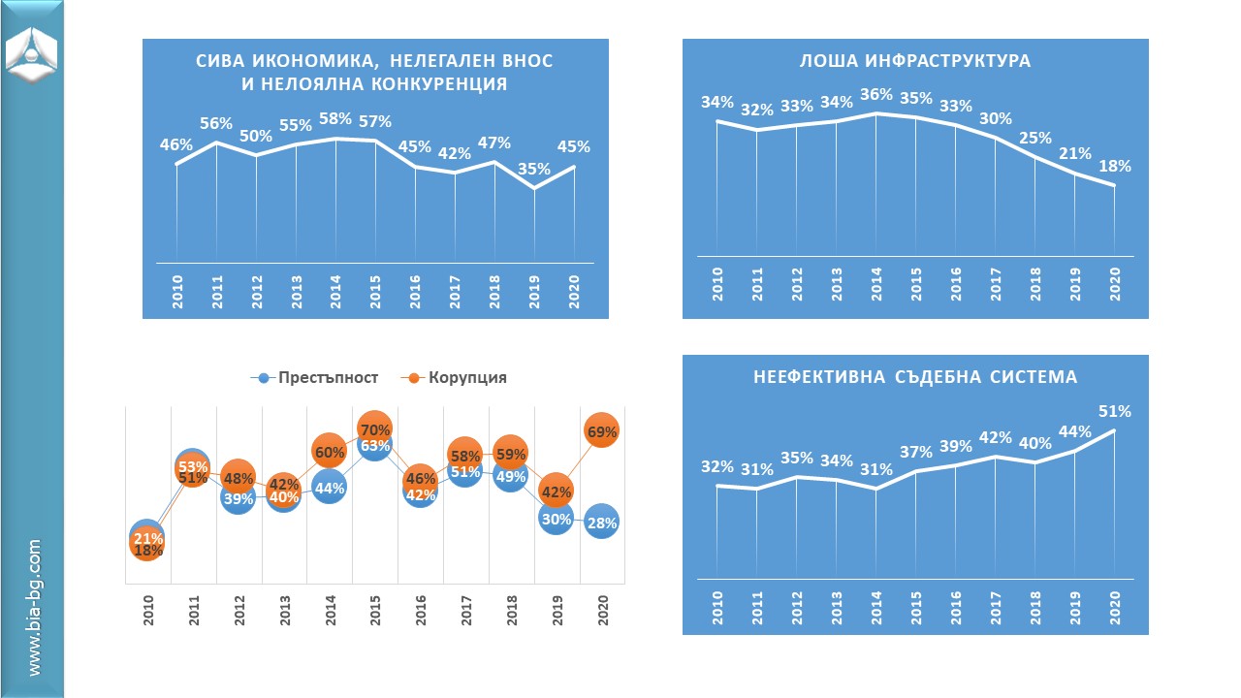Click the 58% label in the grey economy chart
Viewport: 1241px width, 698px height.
tap(335, 117)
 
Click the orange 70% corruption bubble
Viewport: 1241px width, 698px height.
tap(374, 428)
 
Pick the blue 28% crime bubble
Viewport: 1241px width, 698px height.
tap(601, 523)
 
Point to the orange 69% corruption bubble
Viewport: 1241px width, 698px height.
tap(601, 432)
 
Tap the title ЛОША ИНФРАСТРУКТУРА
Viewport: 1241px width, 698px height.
tap(914, 61)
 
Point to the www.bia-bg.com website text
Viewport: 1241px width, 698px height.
tap(35, 608)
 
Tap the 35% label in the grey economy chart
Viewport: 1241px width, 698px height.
tap(533, 169)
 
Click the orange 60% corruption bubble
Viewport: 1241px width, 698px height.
tap(330, 452)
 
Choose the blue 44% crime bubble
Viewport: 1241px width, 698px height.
tap(330, 489)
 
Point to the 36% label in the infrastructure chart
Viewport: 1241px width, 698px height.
tap(876, 95)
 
